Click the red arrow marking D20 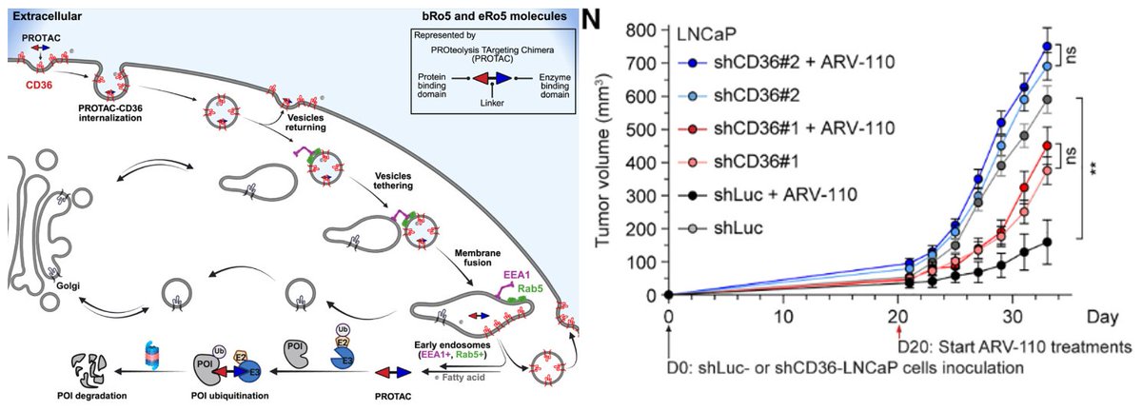pyautogui.click(x=898, y=332)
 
